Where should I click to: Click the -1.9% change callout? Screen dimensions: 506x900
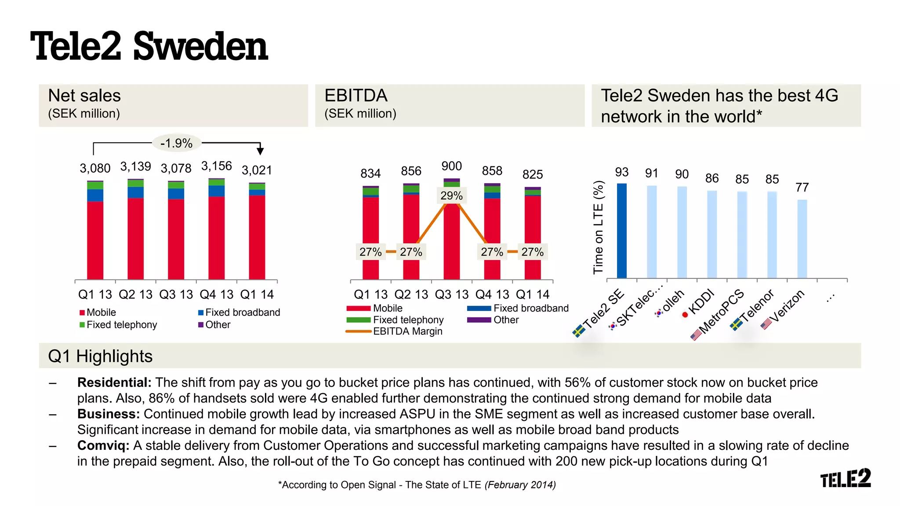click(176, 143)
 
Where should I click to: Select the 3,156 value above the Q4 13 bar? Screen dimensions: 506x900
click(216, 166)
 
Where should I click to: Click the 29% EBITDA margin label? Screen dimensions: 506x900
click(451, 196)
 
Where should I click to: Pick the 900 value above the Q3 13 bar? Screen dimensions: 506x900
click(451, 166)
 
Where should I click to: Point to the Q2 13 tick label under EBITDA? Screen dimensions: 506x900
click(411, 294)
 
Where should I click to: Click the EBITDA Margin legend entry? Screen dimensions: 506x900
click(407, 332)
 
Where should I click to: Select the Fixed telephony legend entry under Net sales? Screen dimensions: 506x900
click(121, 325)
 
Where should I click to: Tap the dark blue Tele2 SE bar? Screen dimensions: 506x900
click(621, 231)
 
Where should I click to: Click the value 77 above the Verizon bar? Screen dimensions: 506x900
click(802, 188)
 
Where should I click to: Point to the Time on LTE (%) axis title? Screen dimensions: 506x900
click(598, 227)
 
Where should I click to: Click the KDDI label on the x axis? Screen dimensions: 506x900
click(701, 302)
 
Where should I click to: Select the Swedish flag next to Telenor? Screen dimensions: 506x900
click(736, 325)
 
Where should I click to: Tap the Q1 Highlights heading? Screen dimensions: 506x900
click(100, 356)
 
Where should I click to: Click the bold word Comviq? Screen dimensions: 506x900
click(103, 445)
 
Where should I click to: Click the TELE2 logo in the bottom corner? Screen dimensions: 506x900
click(845, 478)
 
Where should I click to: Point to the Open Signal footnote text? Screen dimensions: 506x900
click(417, 485)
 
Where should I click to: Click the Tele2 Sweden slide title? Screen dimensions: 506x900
click(149, 47)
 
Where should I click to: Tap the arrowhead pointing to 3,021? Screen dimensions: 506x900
click(260, 151)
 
